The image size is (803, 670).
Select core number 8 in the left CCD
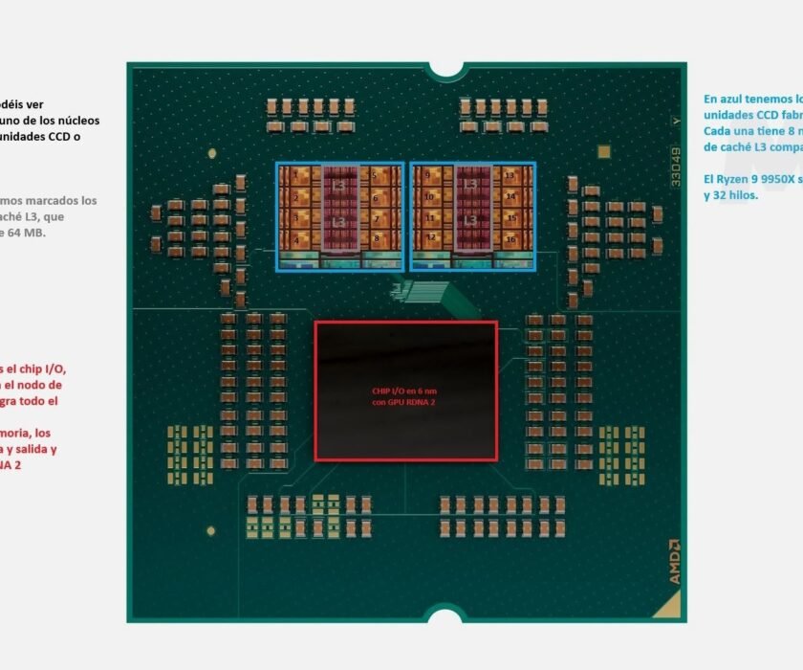pos(376,237)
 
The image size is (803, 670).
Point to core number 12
pos(432,237)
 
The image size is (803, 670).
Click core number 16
pos(510,237)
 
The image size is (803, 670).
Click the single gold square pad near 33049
pos(602,151)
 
